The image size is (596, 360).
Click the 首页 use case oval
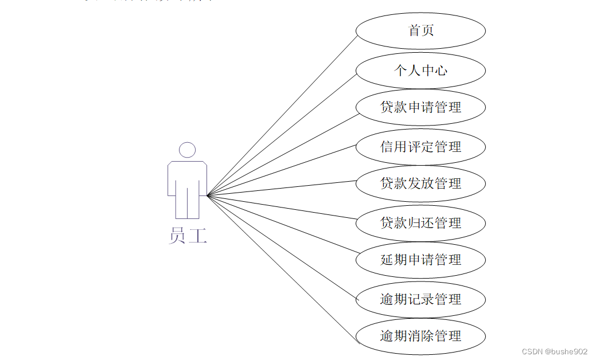coord(420,31)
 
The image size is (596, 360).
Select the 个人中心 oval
coord(420,71)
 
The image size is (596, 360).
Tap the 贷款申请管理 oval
coord(420,107)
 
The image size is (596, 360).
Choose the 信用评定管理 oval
coord(420,147)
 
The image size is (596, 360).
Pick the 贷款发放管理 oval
coord(420,183)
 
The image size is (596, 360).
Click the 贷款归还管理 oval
coord(420,223)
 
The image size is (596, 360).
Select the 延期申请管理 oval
coord(420,260)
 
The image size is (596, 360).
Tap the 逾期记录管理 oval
coord(420,299)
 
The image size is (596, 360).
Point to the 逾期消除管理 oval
coord(420,336)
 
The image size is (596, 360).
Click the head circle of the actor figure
coord(187,150)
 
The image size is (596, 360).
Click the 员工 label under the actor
coord(188,236)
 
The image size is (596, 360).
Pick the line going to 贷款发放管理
coord(282,188)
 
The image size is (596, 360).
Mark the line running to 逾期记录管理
coord(282,248)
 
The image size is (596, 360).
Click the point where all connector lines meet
coord(207,195)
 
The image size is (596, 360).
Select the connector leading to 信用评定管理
coord(282,170)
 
